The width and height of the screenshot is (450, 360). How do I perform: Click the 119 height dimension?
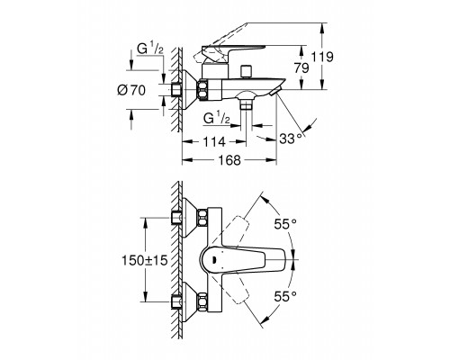pyautogui.click(x=322, y=57)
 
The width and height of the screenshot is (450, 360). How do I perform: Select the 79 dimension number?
pyautogui.click(x=301, y=68)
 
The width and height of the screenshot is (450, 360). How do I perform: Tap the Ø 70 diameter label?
pyautogui.click(x=131, y=90)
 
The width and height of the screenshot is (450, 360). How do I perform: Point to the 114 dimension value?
pyautogui.click(x=214, y=141)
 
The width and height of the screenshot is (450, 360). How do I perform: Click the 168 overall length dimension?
pyautogui.click(x=229, y=160)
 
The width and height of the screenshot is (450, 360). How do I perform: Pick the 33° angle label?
pyautogui.click(x=291, y=139)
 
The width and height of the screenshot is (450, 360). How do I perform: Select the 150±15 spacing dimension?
pyautogui.click(x=144, y=260)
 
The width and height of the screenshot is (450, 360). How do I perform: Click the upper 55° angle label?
pyautogui.click(x=285, y=224)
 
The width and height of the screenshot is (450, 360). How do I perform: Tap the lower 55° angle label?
pyautogui.click(x=285, y=297)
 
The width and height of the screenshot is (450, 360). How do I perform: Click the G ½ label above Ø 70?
pyautogui.click(x=150, y=49)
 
